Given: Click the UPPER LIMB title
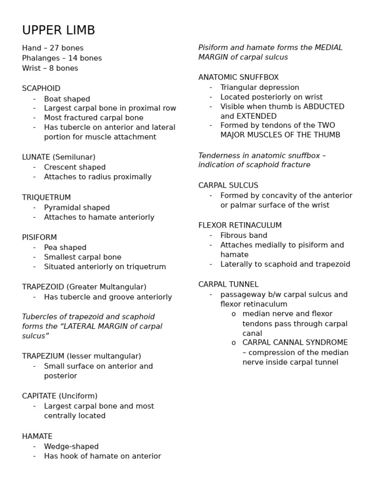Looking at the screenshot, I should [59, 31].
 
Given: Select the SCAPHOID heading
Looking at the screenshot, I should [41, 88].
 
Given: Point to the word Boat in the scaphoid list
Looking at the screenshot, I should [53, 99].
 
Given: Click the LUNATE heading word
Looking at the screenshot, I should [36, 157].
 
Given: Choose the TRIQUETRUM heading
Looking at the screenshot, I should [46, 197].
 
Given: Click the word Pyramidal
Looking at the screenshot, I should [62, 208].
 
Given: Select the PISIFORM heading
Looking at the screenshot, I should [39, 237].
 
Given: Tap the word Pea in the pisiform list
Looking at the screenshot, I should [51, 248].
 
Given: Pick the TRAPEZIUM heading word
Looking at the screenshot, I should [43, 356].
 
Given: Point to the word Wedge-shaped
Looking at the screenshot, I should [71, 446].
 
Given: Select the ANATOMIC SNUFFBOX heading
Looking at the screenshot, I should [238, 77].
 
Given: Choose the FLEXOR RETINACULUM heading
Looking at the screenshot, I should [240, 225].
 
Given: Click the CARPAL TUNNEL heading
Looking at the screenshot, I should [229, 284].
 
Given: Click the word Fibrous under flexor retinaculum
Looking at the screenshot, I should [233, 235].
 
